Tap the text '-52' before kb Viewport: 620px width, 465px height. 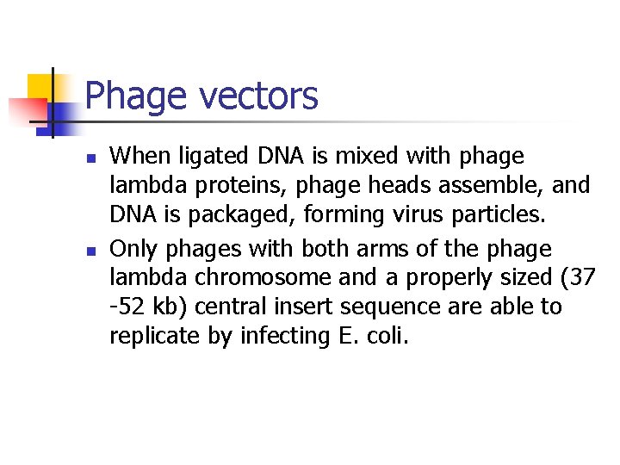pyautogui.click(x=127, y=307)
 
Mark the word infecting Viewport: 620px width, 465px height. pyautogui.click(x=281, y=336)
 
